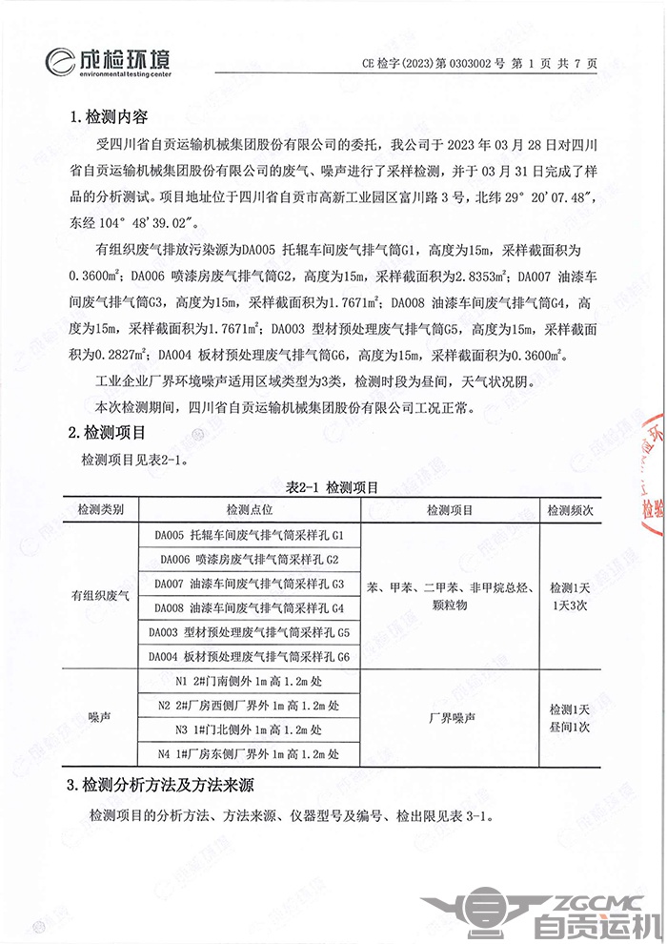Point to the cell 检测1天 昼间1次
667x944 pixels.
click(x=571, y=718)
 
